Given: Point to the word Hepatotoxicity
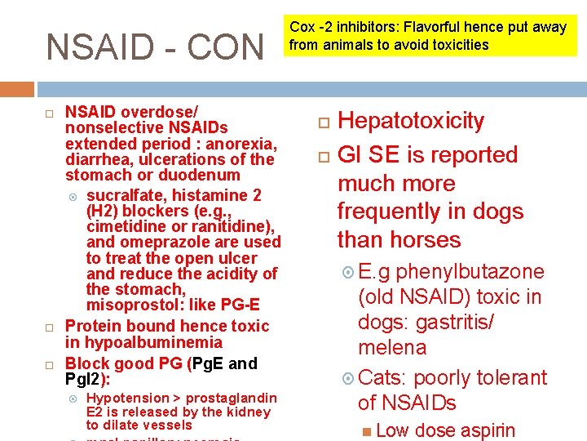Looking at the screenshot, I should pos(411,121).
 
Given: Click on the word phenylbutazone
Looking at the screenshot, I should pos(470,272).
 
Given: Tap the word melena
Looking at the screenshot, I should pos(392,348).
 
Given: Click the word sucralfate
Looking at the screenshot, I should pos(122,195).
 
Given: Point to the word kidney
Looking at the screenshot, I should pos(249,412).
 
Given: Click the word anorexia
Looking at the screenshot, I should pos(244,144).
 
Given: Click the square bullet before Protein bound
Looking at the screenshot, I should pos(49,327).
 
